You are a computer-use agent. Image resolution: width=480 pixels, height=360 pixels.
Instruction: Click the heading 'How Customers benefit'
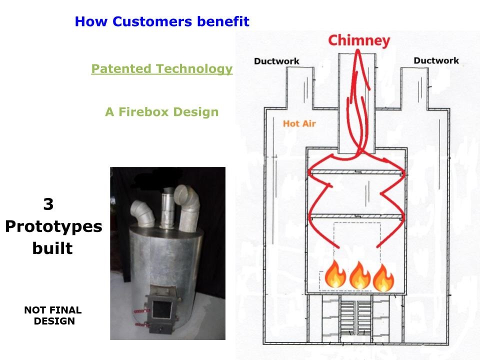point(161,22)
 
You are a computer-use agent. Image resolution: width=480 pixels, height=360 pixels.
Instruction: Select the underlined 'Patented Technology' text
point(161,69)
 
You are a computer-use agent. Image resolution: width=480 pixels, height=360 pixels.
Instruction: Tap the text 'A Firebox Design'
point(161,112)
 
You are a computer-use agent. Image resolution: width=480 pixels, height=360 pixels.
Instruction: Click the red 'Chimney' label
point(359,40)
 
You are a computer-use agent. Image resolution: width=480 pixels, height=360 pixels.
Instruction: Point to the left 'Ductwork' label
point(276,61)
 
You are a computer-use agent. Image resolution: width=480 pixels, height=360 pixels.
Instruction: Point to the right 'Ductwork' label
point(436,61)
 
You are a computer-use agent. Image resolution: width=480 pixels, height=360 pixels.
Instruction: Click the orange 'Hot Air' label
point(299,123)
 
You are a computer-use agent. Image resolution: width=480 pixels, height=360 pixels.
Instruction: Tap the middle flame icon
point(359,276)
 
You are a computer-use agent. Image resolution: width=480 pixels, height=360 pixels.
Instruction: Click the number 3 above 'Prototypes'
point(48,204)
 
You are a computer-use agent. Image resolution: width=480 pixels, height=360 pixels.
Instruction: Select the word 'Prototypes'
point(53,226)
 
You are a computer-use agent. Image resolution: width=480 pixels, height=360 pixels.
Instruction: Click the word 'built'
point(52,248)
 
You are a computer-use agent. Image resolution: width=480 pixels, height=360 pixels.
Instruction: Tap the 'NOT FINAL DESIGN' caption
point(53,315)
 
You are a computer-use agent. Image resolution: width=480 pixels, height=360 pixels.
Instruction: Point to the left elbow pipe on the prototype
point(140,212)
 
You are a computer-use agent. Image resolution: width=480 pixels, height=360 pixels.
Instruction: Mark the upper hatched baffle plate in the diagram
point(356,172)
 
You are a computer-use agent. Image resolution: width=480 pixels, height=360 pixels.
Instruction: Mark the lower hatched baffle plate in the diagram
point(356,216)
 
